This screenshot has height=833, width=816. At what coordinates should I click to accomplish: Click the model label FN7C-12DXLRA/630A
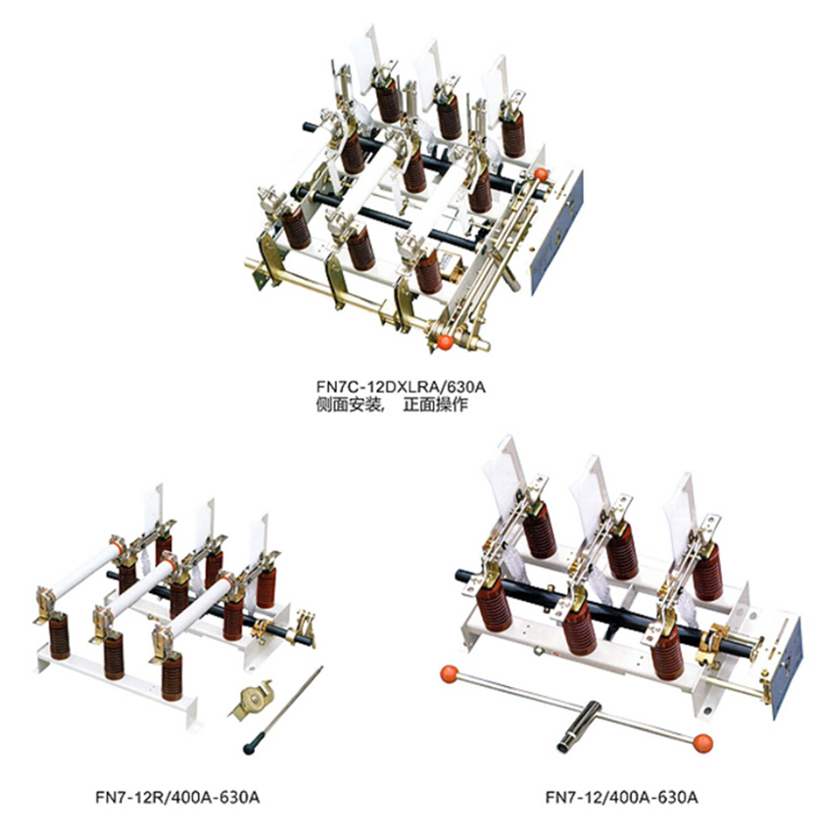[401, 387]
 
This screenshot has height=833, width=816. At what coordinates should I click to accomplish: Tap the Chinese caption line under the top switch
[392, 405]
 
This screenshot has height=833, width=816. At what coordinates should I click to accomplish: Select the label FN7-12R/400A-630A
[177, 798]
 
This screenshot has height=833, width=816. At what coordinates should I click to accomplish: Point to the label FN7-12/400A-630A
[621, 798]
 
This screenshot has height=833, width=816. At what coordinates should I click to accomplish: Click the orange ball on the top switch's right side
[541, 174]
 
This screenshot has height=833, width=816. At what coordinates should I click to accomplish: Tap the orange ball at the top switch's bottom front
[445, 343]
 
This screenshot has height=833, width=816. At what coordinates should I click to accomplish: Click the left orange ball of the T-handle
[450, 674]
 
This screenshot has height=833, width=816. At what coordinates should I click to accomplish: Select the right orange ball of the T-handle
[702, 743]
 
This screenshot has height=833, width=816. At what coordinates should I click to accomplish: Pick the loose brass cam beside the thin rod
[253, 698]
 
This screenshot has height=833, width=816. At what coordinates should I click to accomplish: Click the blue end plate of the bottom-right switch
[786, 669]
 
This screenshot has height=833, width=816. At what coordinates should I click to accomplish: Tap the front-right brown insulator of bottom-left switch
[171, 677]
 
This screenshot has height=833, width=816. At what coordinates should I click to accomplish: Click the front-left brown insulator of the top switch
[296, 227]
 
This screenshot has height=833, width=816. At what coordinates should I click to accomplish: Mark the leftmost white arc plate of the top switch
[364, 59]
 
